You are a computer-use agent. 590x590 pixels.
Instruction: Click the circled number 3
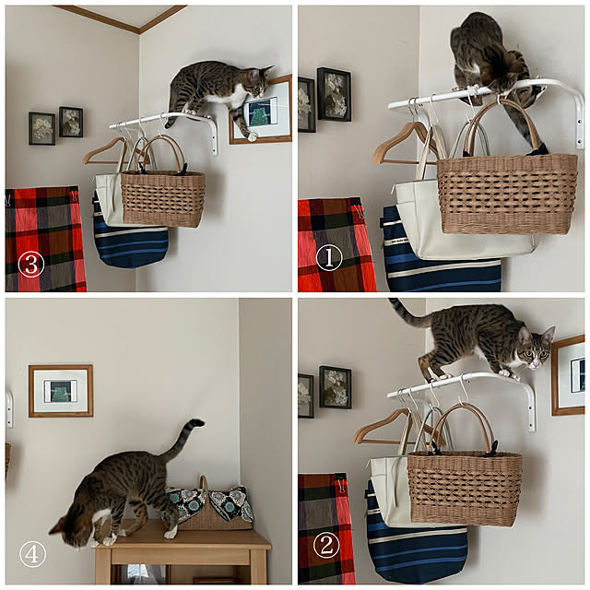[30, 265]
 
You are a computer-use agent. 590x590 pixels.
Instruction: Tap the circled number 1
[329, 257]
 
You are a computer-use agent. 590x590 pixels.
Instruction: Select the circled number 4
[33, 554]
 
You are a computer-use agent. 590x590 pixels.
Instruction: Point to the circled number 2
[326, 546]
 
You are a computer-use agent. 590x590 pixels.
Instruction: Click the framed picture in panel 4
[61, 391]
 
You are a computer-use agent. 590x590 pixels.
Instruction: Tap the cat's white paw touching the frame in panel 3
[251, 137]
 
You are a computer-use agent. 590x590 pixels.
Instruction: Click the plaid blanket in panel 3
[44, 239]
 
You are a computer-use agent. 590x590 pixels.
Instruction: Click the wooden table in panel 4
[183, 551]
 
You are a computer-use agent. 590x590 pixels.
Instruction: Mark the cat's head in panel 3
[259, 81]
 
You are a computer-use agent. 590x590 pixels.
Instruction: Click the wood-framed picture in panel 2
[568, 375]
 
